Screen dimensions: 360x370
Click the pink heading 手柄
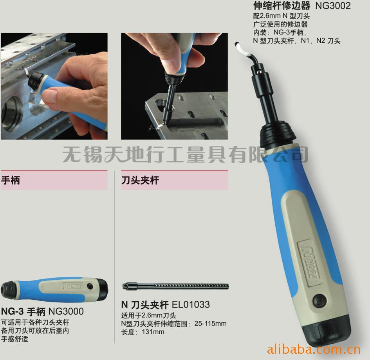click(x=11, y=180)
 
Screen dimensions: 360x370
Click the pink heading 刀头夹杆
click(x=140, y=180)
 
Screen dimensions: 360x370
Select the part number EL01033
click(x=191, y=304)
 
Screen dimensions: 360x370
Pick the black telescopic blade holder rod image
click(x=175, y=286)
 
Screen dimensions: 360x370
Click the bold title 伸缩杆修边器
click(x=282, y=6)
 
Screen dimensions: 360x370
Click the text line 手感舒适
click(x=15, y=339)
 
